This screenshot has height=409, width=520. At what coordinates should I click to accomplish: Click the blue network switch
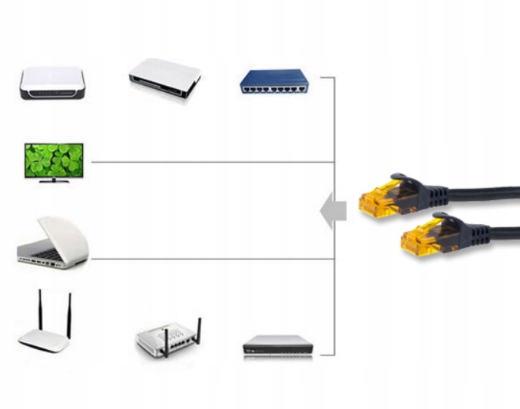(273, 81)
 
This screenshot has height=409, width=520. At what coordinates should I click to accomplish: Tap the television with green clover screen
(53, 160)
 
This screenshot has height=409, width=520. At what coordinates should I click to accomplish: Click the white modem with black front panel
(52, 82)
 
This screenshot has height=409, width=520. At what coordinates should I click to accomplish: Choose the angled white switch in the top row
(164, 77)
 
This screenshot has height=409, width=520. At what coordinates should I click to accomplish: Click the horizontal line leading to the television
(207, 162)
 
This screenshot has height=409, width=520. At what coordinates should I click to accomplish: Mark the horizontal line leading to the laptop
(207, 259)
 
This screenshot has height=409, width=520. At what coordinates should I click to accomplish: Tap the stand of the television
(53, 180)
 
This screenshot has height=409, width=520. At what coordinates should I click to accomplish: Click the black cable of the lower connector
(499, 230)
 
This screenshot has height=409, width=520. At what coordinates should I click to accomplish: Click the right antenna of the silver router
(199, 332)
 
